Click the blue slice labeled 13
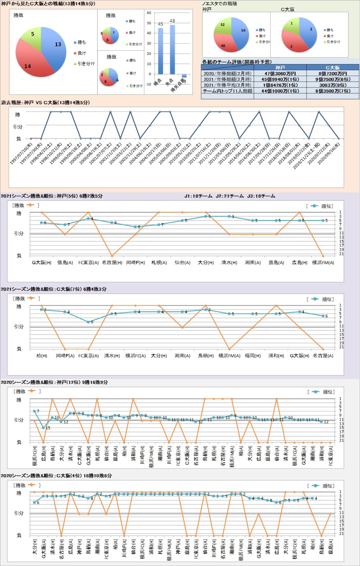point(56,47)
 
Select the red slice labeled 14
point(31,63)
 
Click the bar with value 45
point(161,50)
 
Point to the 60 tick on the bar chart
point(149,13)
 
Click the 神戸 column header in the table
point(280,67)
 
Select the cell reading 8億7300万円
point(333,73)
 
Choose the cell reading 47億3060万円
point(280,73)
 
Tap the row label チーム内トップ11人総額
point(228,91)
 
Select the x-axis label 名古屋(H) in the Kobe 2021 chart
point(112,263)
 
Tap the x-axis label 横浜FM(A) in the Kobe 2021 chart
point(323,263)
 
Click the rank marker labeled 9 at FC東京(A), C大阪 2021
point(89,322)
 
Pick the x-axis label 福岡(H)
point(253,356)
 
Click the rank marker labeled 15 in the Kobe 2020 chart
point(44,428)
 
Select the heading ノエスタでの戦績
point(219,4)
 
